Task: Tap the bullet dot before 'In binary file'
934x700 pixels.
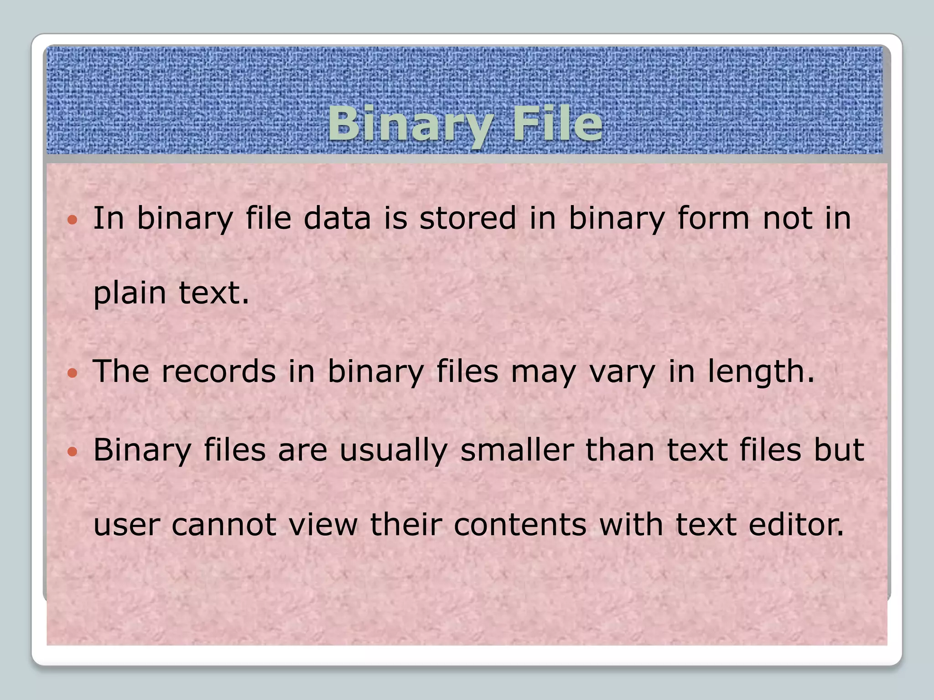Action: pos(72,221)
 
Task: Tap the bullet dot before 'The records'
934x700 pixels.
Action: pos(72,374)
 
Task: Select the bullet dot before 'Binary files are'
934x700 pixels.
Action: pos(72,452)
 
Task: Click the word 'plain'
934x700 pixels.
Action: pos(130,293)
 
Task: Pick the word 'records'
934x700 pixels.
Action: pos(218,371)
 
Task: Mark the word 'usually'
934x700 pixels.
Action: pos(394,451)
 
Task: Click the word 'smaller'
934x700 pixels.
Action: pos(516,450)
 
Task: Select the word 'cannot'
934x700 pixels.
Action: pos(223,525)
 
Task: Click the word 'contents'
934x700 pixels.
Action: pos(520,525)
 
